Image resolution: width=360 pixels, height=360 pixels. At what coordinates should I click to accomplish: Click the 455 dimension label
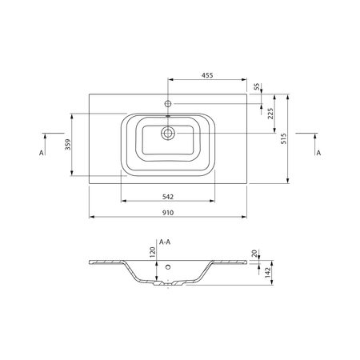pos(207,75)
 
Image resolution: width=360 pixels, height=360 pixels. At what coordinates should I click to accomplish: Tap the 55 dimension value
pos(257,86)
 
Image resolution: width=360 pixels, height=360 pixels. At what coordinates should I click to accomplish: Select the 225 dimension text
pos(270,114)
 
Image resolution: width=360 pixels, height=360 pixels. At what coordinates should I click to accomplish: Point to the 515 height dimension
pos(283,138)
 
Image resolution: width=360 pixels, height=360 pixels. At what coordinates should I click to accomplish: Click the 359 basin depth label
pos(68,145)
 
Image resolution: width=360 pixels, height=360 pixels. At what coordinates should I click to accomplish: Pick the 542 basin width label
pos(168,197)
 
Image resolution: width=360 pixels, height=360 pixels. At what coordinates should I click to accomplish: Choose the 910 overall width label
pos(168,213)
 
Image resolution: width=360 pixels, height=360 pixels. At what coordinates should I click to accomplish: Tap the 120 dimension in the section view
pos(152,252)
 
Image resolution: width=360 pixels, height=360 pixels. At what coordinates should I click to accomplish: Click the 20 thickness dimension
pos(254,254)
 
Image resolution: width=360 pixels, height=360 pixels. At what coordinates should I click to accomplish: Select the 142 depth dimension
pos(268,273)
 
